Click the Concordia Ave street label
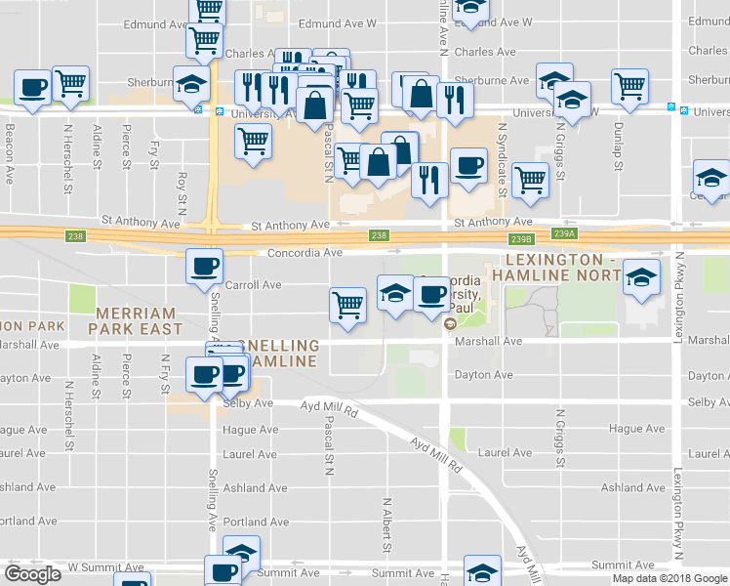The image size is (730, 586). pos(305,253)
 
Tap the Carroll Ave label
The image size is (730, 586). pos(253,285)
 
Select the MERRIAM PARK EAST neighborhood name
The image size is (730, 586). pos(135,321)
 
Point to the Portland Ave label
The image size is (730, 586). pos(257,522)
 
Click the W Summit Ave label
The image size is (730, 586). pos(105,567)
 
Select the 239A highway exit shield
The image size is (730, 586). pos(565,234)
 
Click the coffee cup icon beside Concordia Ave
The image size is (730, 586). pos(205,266)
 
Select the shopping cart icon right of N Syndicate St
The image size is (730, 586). pos(530,179)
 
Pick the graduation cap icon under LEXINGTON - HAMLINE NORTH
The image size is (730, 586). pos(641,277)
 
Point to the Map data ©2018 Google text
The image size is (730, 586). pos(669,578)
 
